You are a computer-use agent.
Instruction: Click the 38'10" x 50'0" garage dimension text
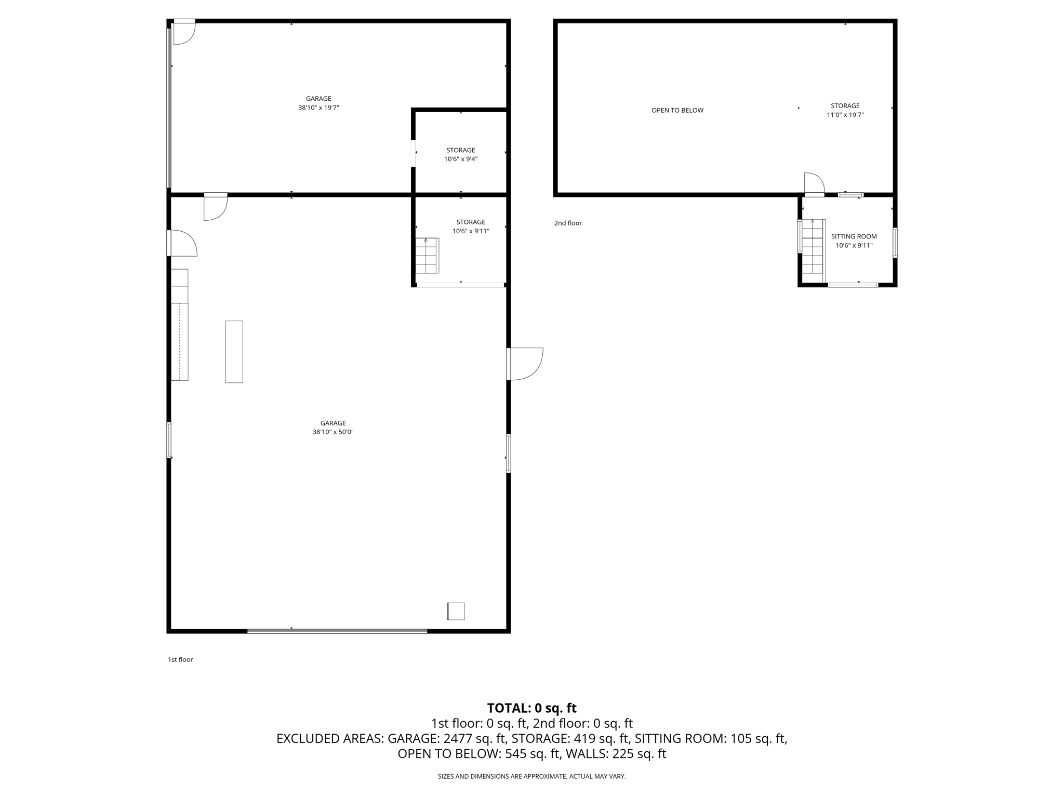tap(333, 432)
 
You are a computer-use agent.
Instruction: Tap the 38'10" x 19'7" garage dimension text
tap(318, 108)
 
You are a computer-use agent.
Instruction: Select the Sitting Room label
tap(854, 236)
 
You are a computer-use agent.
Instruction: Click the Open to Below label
tap(677, 110)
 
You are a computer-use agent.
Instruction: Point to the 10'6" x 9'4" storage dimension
tap(460, 159)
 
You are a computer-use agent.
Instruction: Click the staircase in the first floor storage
tap(427, 256)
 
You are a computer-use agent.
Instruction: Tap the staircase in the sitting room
tap(813, 246)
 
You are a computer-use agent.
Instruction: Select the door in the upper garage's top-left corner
tap(183, 32)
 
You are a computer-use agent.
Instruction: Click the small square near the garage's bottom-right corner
tap(456, 611)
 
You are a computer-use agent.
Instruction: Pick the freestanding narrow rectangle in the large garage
tap(234, 352)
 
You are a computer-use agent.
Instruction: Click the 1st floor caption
tap(180, 659)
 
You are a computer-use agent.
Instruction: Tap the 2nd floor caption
tap(568, 223)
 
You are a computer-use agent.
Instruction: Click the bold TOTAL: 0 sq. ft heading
tap(531, 708)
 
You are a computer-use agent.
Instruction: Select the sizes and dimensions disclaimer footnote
tap(531, 776)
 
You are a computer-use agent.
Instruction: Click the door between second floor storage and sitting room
tap(814, 185)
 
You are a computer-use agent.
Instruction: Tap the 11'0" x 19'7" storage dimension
tap(845, 115)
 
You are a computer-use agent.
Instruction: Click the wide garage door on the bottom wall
tap(337, 631)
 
